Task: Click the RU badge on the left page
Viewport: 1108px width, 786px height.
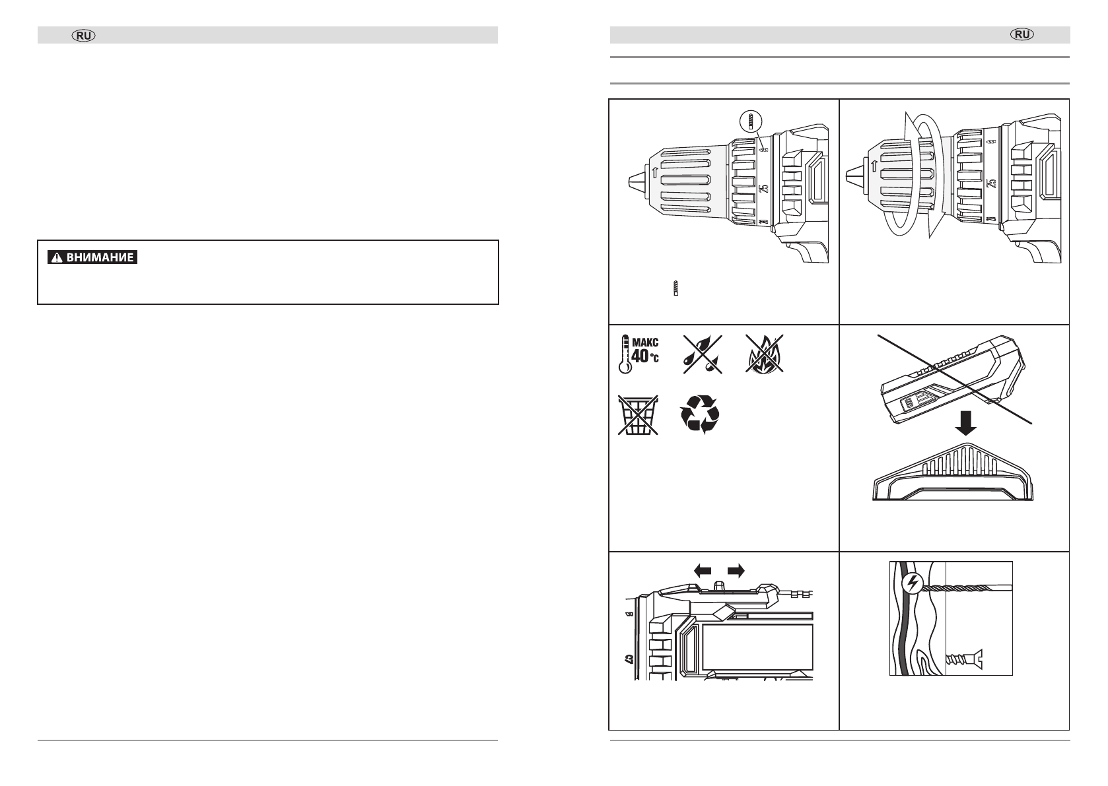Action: pos(84,35)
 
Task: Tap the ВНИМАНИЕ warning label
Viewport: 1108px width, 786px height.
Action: pos(93,257)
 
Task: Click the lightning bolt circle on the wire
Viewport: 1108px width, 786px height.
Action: pos(912,583)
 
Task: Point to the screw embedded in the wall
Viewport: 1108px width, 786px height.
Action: pos(963,657)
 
